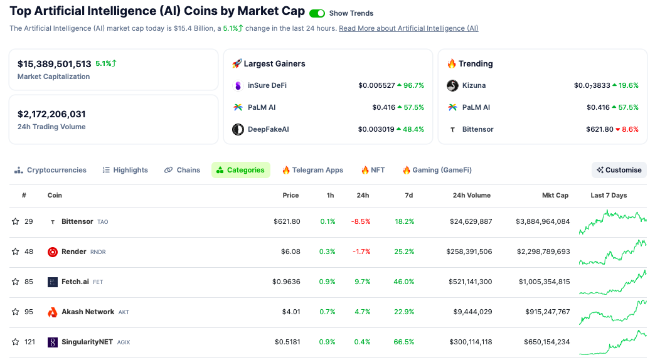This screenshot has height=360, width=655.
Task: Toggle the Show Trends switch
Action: (317, 13)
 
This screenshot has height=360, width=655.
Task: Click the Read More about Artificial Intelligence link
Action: (408, 28)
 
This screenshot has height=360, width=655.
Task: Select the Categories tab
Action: (241, 170)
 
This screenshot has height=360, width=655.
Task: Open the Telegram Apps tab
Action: (312, 170)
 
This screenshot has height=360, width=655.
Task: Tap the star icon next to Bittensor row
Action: (16, 221)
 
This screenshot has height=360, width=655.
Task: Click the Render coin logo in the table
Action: (53, 251)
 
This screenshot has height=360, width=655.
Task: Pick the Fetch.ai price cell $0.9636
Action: (286, 282)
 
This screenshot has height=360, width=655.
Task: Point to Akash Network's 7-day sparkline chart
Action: (612, 312)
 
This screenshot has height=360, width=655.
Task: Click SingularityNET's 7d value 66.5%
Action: (403, 342)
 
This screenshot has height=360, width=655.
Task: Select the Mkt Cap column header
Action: (555, 195)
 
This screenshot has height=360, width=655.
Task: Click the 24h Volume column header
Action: (472, 195)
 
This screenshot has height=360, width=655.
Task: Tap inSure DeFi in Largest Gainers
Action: (267, 85)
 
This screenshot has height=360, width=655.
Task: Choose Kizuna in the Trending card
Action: (474, 85)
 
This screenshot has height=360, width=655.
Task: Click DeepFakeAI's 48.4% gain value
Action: (413, 129)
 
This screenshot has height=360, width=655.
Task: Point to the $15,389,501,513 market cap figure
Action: (55, 64)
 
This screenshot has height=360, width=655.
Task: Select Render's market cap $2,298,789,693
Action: (542, 251)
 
